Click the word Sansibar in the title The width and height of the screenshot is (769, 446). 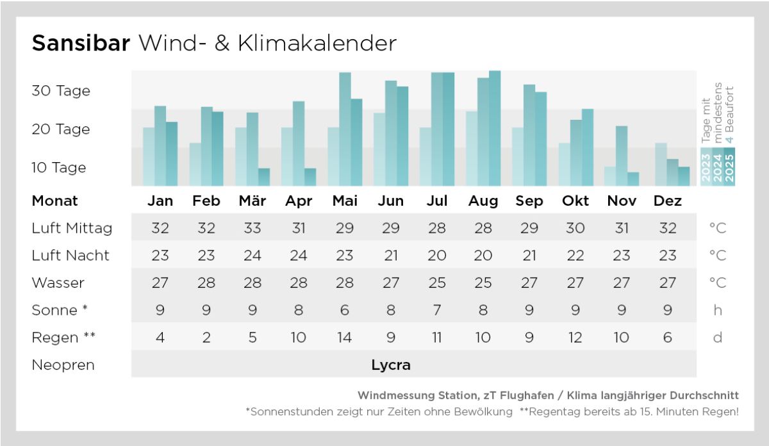(x=81, y=43)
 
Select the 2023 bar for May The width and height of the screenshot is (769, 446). (x=333, y=157)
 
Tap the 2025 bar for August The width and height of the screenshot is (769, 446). (x=495, y=128)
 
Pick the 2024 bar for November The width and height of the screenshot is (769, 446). (x=622, y=156)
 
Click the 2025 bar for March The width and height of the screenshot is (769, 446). (x=264, y=177)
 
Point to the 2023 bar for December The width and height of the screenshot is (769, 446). (x=661, y=164)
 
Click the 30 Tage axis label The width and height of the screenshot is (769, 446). (x=61, y=91)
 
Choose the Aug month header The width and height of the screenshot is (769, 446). (x=483, y=201)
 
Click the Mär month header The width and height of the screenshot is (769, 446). (x=252, y=201)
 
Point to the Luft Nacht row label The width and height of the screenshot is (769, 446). (x=70, y=256)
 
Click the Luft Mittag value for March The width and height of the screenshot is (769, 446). (x=252, y=228)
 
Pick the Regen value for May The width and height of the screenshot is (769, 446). (x=345, y=338)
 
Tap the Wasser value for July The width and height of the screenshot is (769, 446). (x=437, y=283)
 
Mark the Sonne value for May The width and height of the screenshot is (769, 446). (x=345, y=310)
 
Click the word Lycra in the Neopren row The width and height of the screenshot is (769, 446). (x=391, y=365)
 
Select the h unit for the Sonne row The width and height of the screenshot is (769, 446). (x=718, y=310)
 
